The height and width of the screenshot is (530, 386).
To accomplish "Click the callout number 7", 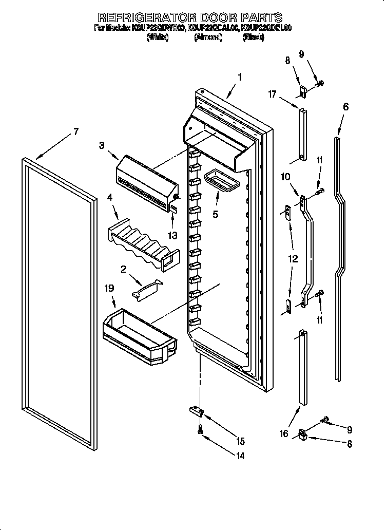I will pos(75,131).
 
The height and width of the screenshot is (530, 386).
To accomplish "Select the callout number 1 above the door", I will pos(239,78).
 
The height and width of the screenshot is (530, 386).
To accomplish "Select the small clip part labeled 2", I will pos(147,288).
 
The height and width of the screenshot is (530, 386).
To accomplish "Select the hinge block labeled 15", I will pos(196,410).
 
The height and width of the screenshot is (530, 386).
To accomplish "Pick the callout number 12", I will pos(293,259).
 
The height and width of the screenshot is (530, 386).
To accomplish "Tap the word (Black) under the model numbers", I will pos(253,37).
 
